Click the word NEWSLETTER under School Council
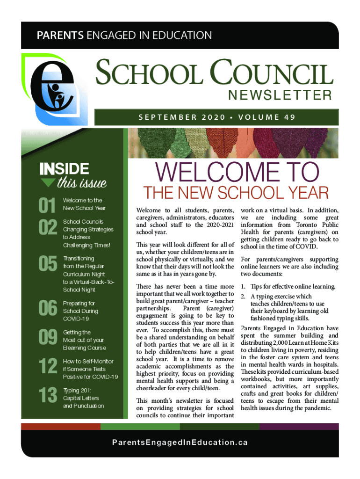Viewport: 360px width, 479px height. point(280,96)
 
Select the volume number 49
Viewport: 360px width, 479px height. point(289,117)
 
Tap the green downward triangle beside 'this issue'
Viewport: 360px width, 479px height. point(48,182)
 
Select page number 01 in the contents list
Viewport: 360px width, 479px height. point(47,204)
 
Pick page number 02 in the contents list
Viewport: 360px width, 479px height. point(47,229)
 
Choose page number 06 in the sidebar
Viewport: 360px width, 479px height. point(47,308)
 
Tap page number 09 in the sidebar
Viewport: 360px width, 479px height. point(47,338)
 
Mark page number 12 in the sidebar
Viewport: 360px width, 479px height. point(47,367)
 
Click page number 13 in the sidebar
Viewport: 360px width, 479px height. point(47,396)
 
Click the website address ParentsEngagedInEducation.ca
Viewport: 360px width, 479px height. point(180,442)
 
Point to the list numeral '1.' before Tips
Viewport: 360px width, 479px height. point(243,286)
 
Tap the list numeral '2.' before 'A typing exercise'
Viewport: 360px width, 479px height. point(243,297)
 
